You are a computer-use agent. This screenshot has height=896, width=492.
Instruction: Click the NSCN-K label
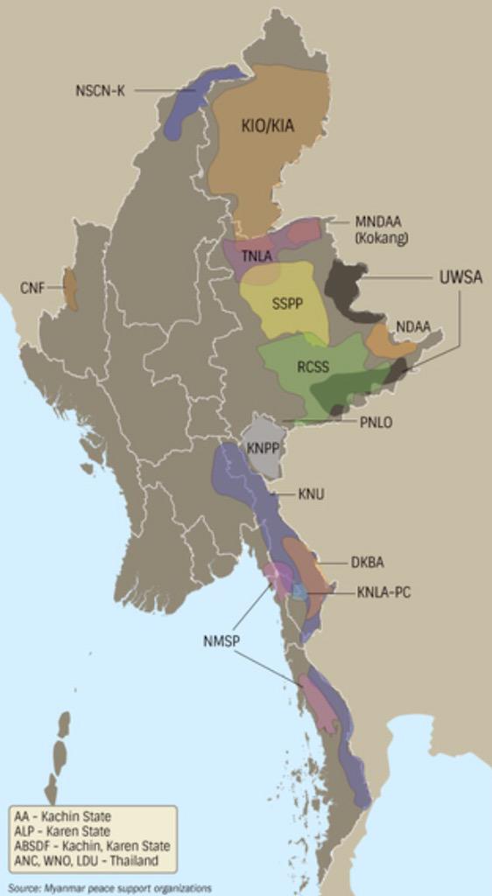pyautogui.click(x=100, y=89)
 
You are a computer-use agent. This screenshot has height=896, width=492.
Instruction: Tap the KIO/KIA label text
pyautogui.click(x=268, y=126)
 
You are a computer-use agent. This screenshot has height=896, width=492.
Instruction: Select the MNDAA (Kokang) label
pyautogui.click(x=382, y=229)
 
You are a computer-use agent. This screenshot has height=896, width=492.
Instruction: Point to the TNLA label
pyautogui.click(x=257, y=255)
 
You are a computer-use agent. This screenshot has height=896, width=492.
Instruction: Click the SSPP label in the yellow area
pyautogui.click(x=286, y=304)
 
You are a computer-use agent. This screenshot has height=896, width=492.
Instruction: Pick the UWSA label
pyautogui.click(x=460, y=277)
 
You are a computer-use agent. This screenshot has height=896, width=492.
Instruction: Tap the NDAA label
pyautogui.click(x=413, y=326)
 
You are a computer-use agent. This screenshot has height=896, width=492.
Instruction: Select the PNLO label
pyautogui.click(x=376, y=422)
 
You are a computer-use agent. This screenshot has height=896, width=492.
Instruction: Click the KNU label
pyautogui.click(x=311, y=494)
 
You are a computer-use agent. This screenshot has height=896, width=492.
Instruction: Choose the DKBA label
pyautogui.click(x=367, y=562)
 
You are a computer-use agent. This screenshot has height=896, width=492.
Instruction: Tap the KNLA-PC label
pyautogui.click(x=383, y=592)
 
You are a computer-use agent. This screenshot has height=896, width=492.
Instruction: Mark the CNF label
pyautogui.click(x=32, y=287)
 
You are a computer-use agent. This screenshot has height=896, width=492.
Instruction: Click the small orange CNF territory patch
pyautogui.click(x=69, y=289)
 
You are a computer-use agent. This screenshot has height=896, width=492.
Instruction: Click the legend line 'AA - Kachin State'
pyautogui.click(x=63, y=816)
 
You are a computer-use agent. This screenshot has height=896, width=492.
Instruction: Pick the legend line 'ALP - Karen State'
pyautogui.click(x=62, y=831)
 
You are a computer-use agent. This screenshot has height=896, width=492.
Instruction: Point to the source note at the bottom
pyautogui.click(x=109, y=888)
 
